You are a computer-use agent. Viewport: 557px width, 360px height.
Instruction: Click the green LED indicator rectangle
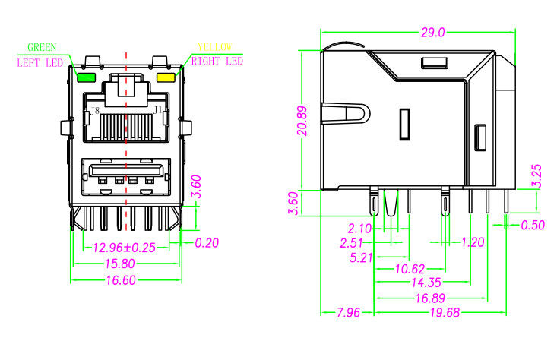(x=85, y=77)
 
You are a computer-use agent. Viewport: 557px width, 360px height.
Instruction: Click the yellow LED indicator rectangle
(x=166, y=77)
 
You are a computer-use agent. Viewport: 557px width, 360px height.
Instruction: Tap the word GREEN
(x=42, y=47)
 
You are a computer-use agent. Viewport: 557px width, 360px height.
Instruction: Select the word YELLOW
(x=214, y=47)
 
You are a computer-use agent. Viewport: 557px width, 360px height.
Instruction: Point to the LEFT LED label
(x=40, y=63)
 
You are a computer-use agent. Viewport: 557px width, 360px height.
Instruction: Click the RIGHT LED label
(x=217, y=62)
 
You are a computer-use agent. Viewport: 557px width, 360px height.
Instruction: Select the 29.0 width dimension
(x=431, y=32)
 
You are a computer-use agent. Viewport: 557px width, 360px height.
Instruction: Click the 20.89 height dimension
(x=302, y=120)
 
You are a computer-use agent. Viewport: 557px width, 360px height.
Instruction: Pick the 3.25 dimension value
(x=536, y=176)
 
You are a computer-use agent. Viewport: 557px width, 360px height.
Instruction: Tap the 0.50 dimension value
(x=533, y=225)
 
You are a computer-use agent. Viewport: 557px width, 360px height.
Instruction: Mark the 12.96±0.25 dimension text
(x=123, y=247)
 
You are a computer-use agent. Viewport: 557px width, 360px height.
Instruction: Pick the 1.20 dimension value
(x=473, y=242)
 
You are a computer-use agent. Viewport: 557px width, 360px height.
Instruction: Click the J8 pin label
(x=94, y=111)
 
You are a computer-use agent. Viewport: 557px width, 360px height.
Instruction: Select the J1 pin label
(x=158, y=111)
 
